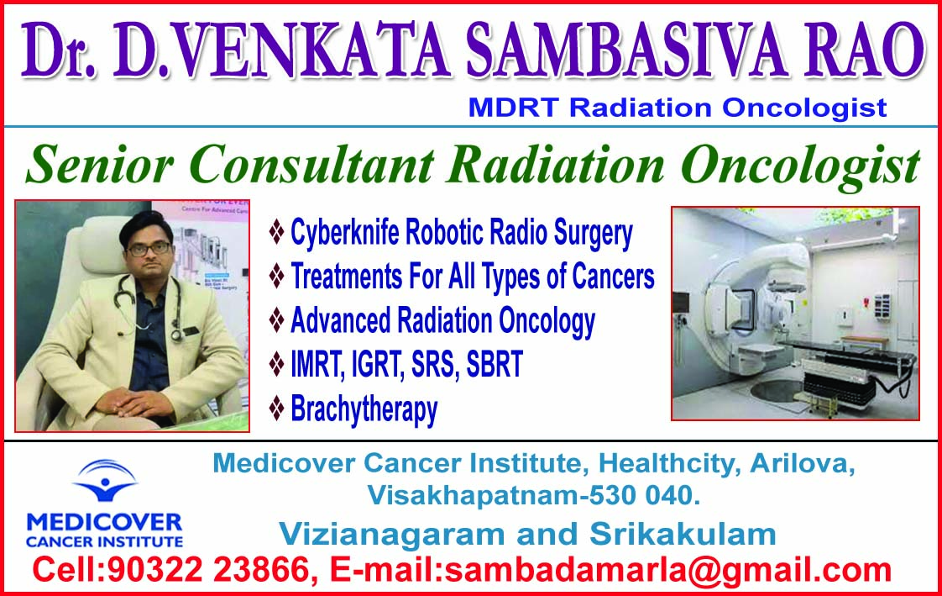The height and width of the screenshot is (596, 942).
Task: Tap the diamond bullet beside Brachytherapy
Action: pos(276,409)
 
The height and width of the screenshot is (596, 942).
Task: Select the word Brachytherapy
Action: pos(364,410)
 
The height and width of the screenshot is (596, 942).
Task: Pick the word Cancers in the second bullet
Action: pos(613,277)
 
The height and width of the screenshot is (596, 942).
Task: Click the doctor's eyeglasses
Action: pos(147,248)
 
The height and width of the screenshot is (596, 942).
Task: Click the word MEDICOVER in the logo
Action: pos(103,520)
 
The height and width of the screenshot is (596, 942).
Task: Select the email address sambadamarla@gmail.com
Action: pos(667,571)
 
